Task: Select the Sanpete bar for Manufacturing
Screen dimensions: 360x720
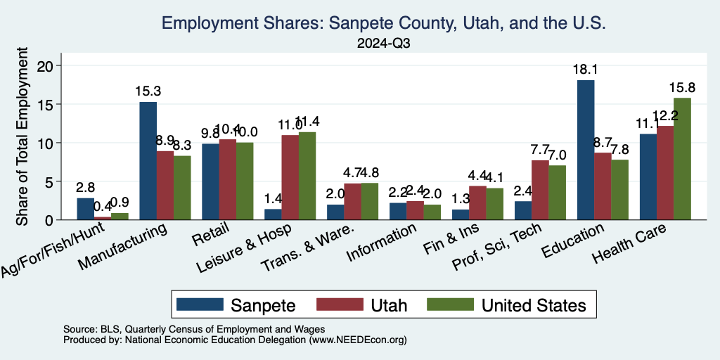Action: pyautogui.click(x=148, y=161)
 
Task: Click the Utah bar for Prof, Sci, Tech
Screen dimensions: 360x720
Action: pyautogui.click(x=540, y=190)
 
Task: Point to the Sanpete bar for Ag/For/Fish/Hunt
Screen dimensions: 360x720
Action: pyautogui.click(x=85, y=209)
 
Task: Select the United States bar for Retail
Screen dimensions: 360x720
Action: pyautogui.click(x=245, y=181)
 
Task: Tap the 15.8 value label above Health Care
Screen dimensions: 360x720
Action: pyautogui.click(x=682, y=88)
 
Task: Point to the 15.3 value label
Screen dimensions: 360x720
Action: pyautogui.click(x=148, y=91)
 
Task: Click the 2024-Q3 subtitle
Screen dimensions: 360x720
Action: pyautogui.click(x=383, y=44)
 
